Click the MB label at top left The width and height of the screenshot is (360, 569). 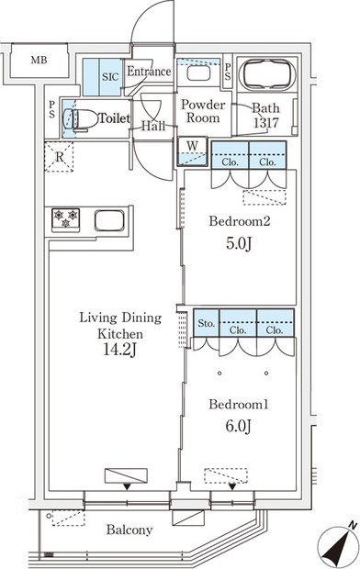tap(39, 61)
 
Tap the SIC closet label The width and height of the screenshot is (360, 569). tap(110, 77)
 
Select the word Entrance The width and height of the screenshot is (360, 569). tap(149, 72)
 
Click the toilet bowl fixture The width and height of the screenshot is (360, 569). tap(82, 119)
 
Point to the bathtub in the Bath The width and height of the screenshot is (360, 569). tap(268, 75)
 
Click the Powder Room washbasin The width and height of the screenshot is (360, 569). tap(198, 73)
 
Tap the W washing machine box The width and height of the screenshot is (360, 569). tap(192, 151)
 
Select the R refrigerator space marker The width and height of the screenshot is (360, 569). tap(59, 157)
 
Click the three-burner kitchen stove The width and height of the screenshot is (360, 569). tap(66, 219)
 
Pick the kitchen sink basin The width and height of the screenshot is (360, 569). tap(109, 220)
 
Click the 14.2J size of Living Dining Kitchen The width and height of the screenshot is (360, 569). tap(120, 351)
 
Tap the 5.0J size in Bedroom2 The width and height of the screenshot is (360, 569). tap(239, 243)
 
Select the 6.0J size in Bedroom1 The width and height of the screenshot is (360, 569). tap(238, 426)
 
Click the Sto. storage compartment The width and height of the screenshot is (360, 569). tap(206, 323)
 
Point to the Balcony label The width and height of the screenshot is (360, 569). tap(129, 530)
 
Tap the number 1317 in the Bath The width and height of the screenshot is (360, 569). tap(266, 123)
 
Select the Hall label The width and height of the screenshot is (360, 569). tap(153, 127)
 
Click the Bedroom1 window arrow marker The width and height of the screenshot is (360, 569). tap(232, 486)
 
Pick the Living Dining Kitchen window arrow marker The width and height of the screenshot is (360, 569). tap(127, 486)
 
